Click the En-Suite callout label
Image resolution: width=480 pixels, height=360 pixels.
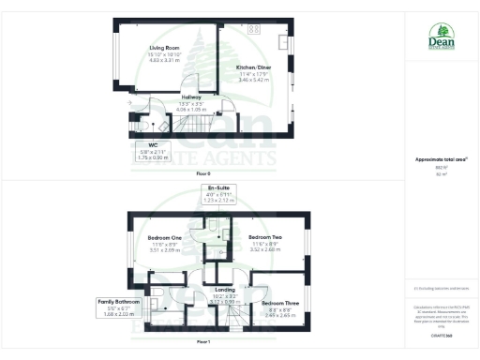point(217,194)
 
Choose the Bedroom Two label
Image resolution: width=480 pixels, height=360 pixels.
point(266,239)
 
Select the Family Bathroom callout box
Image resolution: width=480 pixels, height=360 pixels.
point(119,307)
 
